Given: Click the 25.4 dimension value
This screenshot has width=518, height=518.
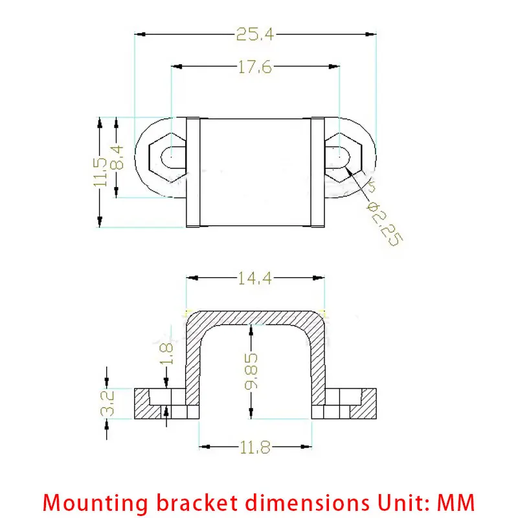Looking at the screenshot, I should coord(254,34).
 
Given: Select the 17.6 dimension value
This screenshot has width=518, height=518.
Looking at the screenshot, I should coord(254,67).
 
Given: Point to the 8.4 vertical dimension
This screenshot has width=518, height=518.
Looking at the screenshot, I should coord(117,157).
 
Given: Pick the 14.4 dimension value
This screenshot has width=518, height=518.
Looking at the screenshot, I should coord(254,278).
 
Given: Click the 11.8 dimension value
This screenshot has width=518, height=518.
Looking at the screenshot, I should coord(254,446).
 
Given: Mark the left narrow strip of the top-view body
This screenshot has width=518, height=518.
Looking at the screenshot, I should coord(193,172).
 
